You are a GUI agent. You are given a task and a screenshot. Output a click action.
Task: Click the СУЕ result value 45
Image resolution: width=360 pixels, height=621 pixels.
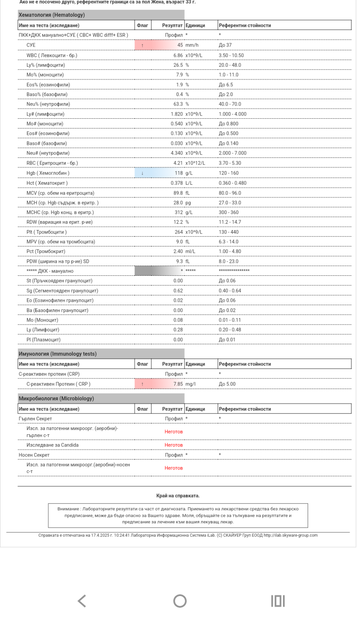point(180,45)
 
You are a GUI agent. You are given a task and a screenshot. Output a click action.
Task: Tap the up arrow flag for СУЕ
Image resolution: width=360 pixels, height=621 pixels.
point(142,45)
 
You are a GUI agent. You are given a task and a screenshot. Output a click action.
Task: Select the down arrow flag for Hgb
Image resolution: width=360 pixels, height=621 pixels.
point(142,173)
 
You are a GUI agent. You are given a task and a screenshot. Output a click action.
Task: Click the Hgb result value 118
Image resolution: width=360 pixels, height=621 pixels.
point(179,173)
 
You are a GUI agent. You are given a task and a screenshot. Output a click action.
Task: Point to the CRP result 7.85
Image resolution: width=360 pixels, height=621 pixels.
point(178,384)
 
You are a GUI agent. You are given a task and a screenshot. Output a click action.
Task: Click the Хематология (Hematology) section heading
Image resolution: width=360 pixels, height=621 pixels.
point(52,15)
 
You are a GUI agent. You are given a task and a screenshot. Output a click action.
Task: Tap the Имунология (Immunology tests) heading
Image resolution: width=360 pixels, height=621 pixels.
point(57,354)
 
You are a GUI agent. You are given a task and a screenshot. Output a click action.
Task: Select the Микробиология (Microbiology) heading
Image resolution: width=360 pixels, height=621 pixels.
point(56,399)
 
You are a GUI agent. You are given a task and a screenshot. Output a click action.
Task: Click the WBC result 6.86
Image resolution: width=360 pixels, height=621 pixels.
point(178,55)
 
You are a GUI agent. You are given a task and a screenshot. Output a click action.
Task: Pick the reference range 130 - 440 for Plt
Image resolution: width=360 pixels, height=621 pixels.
point(229,232)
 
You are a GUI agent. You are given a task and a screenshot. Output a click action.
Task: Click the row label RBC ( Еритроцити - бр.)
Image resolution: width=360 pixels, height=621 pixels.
point(52,163)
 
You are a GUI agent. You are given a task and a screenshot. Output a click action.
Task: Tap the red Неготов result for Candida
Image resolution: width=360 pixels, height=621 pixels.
point(174,445)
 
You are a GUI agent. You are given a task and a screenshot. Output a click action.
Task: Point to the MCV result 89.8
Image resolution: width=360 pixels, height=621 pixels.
point(178,193)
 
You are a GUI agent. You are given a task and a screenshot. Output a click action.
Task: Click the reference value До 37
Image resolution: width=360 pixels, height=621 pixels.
point(225,45)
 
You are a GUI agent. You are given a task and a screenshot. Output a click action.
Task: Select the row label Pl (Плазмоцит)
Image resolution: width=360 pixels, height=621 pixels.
point(43,340)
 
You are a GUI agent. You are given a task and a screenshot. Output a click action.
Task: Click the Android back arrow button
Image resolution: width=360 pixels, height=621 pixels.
point(82,601)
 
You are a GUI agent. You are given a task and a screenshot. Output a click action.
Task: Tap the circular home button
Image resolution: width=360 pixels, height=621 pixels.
point(180,601)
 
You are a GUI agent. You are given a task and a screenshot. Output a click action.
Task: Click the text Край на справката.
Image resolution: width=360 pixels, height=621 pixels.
point(178,496)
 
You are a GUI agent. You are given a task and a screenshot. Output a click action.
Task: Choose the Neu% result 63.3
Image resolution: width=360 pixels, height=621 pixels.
point(178,104)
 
